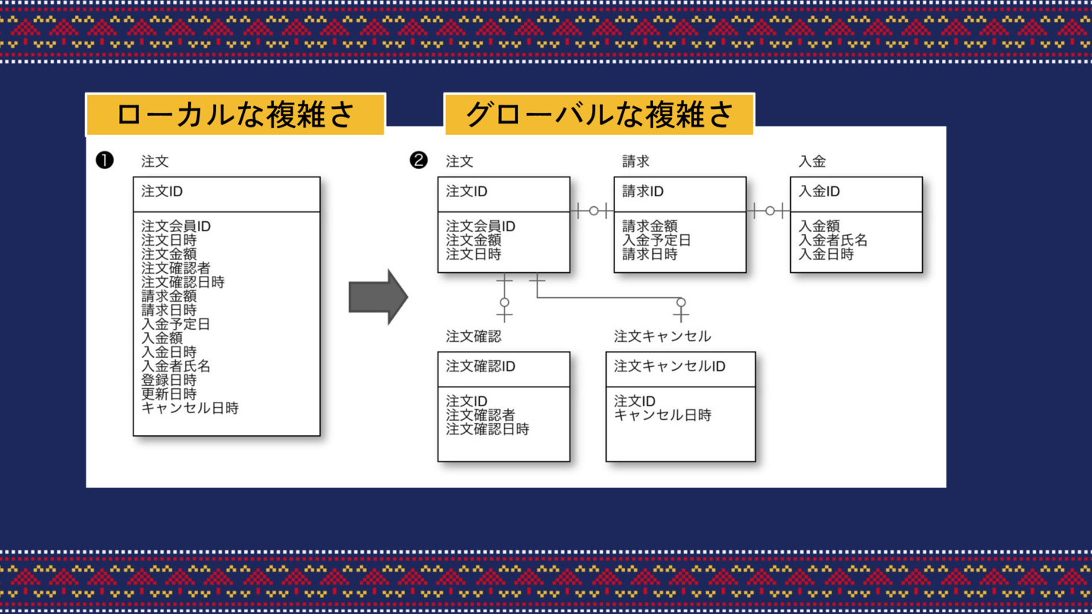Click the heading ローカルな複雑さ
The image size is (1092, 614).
[235, 114]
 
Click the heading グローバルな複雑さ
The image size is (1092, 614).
[599, 114]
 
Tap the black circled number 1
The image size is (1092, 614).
[105, 160]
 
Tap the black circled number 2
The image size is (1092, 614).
[419, 160]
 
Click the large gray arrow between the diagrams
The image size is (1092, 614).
[378, 297]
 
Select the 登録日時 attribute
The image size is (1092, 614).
[169, 380]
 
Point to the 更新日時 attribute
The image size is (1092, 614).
[169, 394]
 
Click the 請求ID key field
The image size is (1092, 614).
[643, 192]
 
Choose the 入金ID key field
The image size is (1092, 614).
[819, 192]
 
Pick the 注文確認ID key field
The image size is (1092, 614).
[480, 367]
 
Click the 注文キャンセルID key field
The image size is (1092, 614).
[670, 367]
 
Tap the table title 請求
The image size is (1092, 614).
[635, 161]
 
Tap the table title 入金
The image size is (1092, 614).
[812, 161]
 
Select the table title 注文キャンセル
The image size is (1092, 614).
[662, 336]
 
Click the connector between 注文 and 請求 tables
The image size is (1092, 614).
[592, 211]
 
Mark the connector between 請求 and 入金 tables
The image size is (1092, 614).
[769, 211]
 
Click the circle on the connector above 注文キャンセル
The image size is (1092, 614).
[681, 302]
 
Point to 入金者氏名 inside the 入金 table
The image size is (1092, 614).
[833, 240]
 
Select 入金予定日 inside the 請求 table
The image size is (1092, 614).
[657, 240]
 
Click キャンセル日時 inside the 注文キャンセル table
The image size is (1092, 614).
[662, 415]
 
